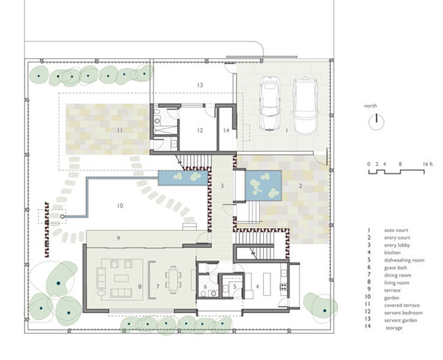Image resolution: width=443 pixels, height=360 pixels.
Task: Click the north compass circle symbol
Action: tap(376, 122)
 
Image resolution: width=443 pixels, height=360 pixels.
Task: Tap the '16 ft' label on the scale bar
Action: tap(428, 164)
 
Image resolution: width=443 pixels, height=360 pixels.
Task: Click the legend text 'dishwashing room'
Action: tap(404, 260)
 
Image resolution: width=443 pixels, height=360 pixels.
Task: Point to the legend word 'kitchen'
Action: tap(392, 253)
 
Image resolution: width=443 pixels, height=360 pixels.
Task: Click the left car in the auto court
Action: tap(270, 103)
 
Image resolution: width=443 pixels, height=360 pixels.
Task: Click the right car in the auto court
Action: tap(306, 106)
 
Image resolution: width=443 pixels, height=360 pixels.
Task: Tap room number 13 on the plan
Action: tap(200, 85)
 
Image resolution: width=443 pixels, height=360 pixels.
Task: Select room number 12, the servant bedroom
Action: tap(200, 130)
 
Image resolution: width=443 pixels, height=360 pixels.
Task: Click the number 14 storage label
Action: tap(226, 130)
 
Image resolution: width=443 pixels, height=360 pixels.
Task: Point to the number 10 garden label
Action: tap(120, 206)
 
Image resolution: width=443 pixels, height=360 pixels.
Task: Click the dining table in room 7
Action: tap(173, 280)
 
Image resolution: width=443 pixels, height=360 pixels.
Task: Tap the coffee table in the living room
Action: tap(121, 278)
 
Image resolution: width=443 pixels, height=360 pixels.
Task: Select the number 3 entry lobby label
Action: tap(222, 186)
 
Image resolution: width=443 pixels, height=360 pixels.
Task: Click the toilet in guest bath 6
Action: tap(204, 293)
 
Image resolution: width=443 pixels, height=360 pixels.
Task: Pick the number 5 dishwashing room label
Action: tap(235, 287)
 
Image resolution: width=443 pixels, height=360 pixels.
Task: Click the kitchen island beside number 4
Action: tap(267, 284)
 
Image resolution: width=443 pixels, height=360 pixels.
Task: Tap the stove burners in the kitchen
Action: tap(283, 287)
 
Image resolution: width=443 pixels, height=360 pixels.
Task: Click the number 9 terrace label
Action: tap(118, 238)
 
